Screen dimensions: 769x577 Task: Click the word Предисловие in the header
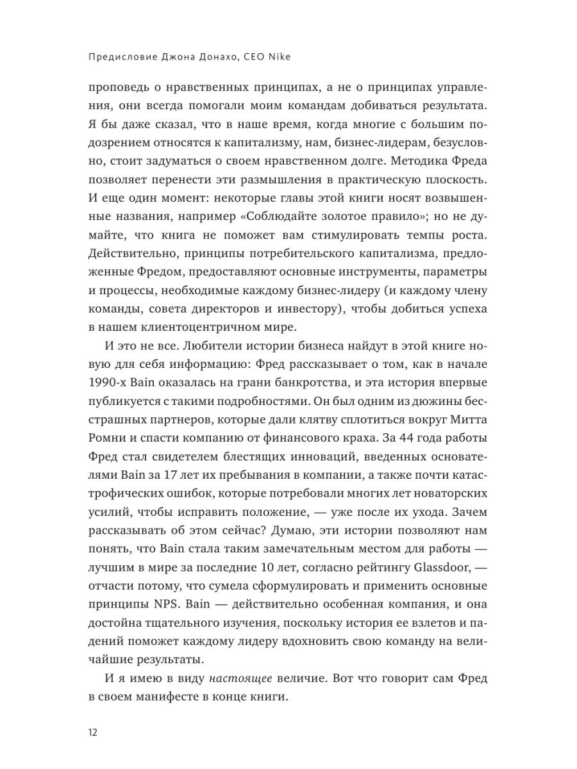118,56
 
